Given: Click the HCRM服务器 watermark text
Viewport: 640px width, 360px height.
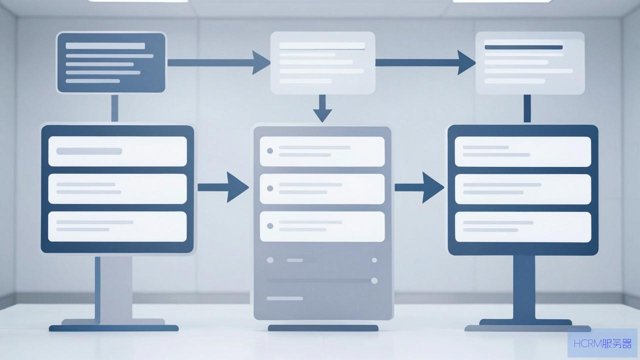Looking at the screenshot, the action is [x=602, y=343].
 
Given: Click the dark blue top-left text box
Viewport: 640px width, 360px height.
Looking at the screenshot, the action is [x=111, y=62].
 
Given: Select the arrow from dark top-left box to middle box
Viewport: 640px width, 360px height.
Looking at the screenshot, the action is [x=219, y=62].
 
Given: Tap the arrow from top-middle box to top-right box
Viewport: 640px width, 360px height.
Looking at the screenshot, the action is [x=425, y=62].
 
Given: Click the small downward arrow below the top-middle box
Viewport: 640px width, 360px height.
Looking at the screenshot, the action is [x=322, y=108].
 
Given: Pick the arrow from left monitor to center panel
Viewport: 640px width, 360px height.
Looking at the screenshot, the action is [x=223, y=187].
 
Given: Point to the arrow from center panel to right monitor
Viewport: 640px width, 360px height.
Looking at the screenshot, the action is [x=419, y=187].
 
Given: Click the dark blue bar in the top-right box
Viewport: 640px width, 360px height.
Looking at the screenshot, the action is [x=523, y=47].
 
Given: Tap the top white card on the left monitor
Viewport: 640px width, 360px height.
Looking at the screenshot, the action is [x=117, y=151].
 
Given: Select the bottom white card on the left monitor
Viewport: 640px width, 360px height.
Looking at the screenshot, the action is [x=117, y=226].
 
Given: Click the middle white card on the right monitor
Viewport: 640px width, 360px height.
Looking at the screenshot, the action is [x=523, y=189].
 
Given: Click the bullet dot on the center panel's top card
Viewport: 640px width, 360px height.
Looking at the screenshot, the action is [x=269, y=151].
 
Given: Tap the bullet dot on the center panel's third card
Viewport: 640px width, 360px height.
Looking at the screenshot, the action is [x=269, y=226].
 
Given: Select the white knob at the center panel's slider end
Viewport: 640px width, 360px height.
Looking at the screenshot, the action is [x=374, y=280].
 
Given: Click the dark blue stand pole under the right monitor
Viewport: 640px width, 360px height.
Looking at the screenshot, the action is [x=524, y=287].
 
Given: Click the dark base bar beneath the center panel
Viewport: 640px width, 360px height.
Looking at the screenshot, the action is [x=323, y=328].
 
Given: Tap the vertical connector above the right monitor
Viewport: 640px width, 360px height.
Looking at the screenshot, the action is [x=527, y=108].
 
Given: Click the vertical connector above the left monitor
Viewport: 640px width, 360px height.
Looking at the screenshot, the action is [x=114, y=108].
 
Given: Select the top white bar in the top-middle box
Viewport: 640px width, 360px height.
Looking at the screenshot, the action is [x=322, y=45].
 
